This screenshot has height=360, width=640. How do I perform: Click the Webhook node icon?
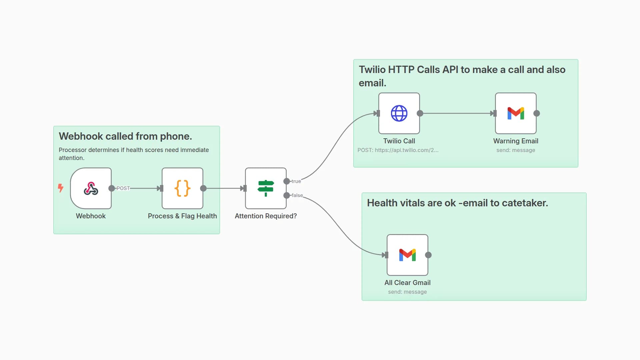point(91,188)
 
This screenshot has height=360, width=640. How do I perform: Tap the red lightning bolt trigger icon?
point(60,188)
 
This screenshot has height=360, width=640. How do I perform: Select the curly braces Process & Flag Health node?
point(182,188)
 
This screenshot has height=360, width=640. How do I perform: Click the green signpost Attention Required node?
point(266,188)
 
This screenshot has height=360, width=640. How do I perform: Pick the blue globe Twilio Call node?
point(399,113)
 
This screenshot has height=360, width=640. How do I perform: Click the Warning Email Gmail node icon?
point(516,113)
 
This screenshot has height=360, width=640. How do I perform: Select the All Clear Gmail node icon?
point(407,255)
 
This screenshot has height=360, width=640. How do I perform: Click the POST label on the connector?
point(123,188)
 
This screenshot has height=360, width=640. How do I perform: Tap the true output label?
point(296,181)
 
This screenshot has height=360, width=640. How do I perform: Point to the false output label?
point(297,195)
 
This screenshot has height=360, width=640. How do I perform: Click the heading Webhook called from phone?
point(125,136)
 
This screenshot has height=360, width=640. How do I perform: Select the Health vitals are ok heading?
point(457,203)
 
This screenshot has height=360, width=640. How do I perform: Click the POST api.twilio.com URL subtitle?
point(398,150)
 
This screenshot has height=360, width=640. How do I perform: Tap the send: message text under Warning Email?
point(515,150)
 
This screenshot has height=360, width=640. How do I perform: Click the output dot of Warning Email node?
point(537,113)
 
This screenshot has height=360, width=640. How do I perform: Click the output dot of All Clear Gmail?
point(428,255)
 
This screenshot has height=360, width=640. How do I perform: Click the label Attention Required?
point(266,216)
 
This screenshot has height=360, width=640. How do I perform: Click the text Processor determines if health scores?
point(134,150)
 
